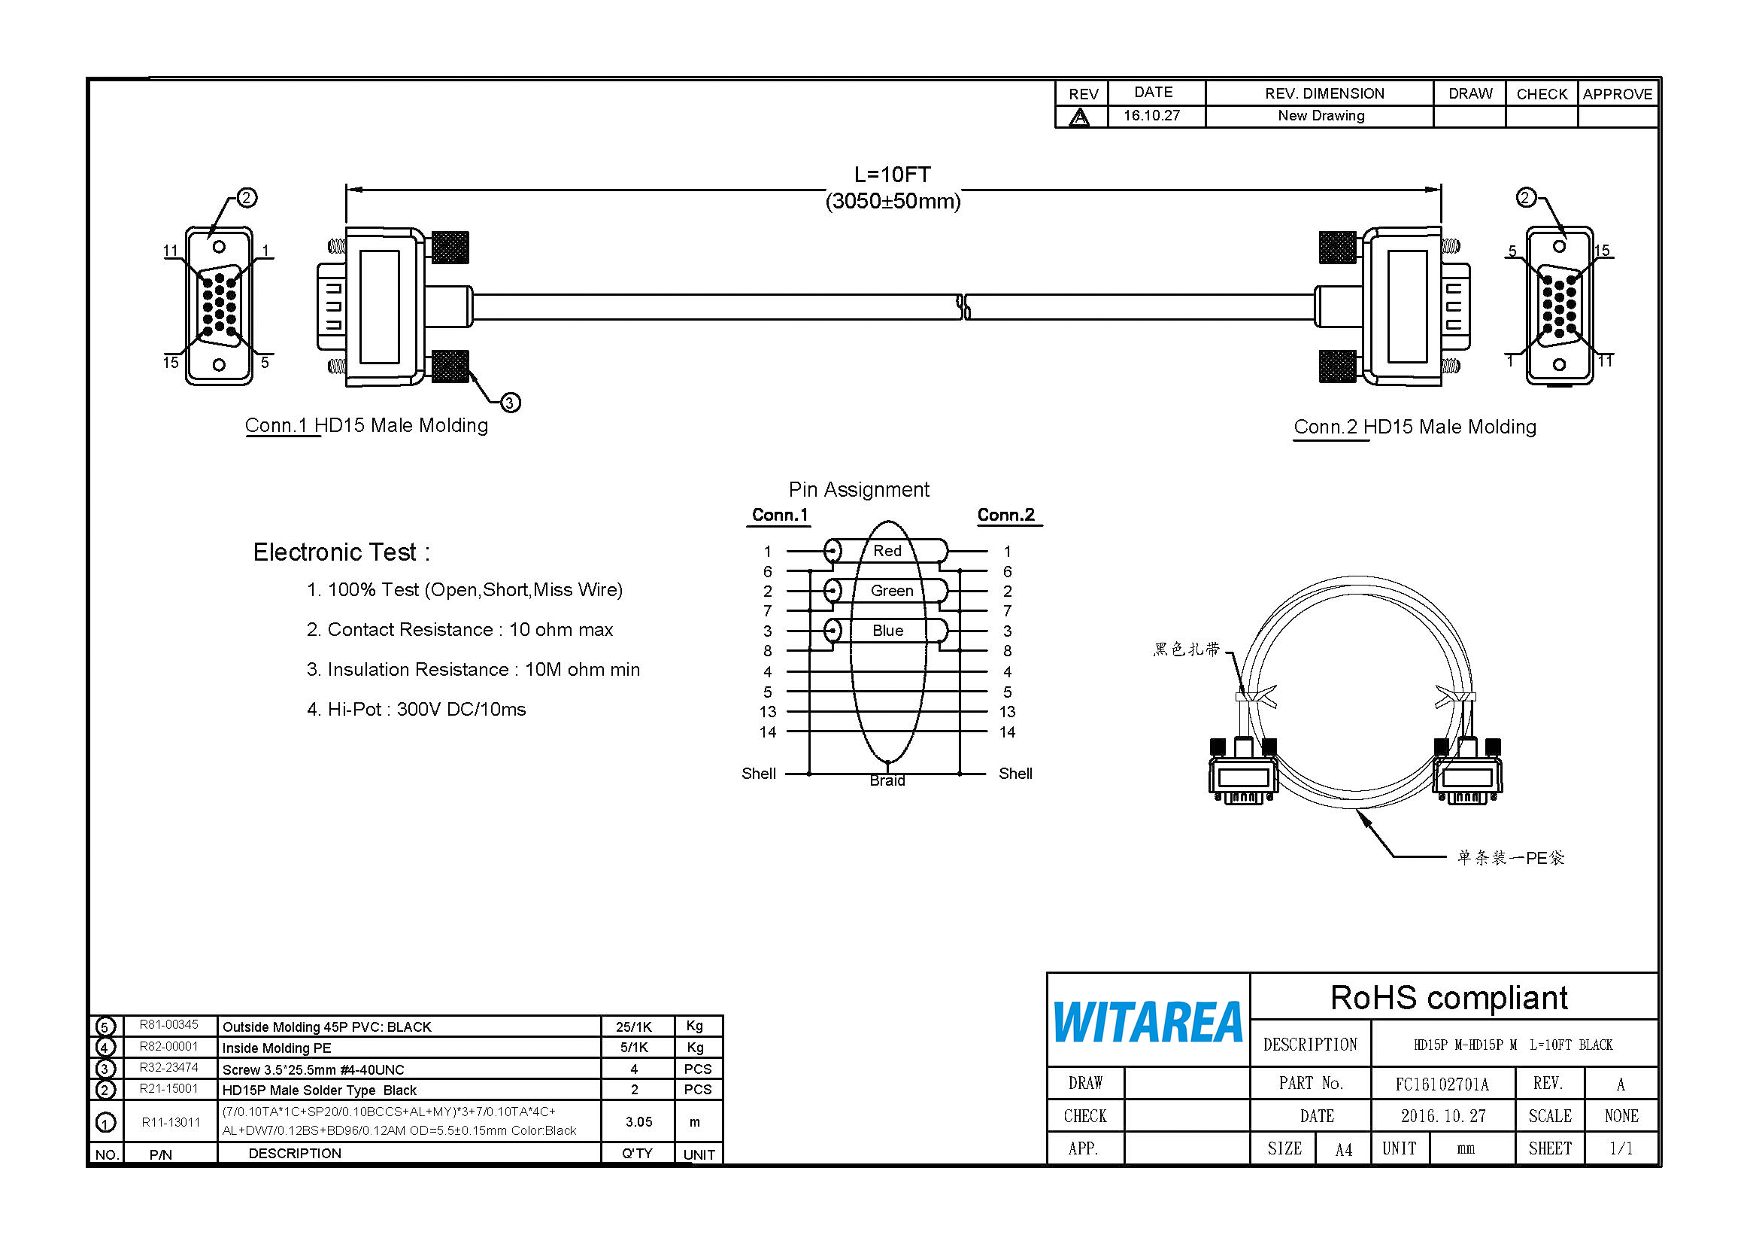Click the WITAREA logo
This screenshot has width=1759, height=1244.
(x=1147, y=1023)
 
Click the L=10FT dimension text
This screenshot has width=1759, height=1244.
(x=892, y=175)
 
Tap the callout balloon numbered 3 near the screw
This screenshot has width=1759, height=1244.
(x=510, y=403)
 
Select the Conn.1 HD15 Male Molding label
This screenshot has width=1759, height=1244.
(x=366, y=425)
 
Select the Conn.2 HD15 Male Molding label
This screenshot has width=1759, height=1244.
(x=1415, y=427)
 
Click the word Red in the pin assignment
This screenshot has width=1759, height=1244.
(x=887, y=550)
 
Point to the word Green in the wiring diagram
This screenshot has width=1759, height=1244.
(x=892, y=590)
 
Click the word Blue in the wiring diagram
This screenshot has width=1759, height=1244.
(x=888, y=630)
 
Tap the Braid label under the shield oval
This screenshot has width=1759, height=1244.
(x=887, y=780)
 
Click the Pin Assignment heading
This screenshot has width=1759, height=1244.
(x=859, y=489)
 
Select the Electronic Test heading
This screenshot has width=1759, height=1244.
(x=341, y=552)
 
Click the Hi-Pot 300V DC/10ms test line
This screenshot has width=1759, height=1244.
(x=416, y=709)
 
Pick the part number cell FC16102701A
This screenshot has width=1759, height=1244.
(x=1442, y=1084)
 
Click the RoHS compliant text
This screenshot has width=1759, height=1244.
(x=1448, y=997)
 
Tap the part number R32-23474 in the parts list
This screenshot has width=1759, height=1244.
(x=168, y=1067)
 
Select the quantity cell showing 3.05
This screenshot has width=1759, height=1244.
(x=638, y=1121)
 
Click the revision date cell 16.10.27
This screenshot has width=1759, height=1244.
(x=1151, y=116)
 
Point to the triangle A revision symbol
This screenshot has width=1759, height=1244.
(x=1079, y=117)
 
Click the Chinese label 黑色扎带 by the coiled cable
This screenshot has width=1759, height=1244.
(x=1186, y=649)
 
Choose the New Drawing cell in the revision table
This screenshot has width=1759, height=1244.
(x=1321, y=116)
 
